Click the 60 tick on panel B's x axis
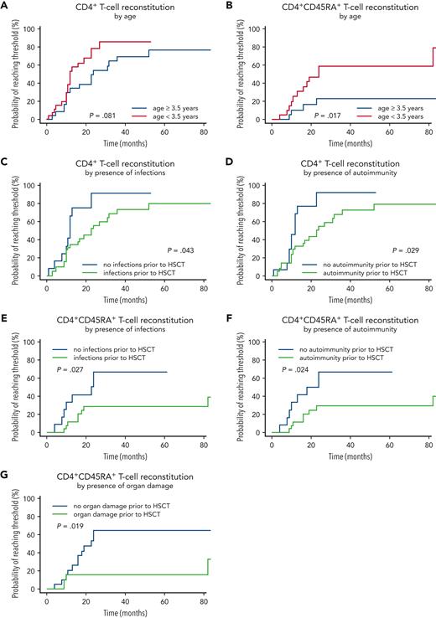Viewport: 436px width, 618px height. pyautogui.click(x=384, y=131)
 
